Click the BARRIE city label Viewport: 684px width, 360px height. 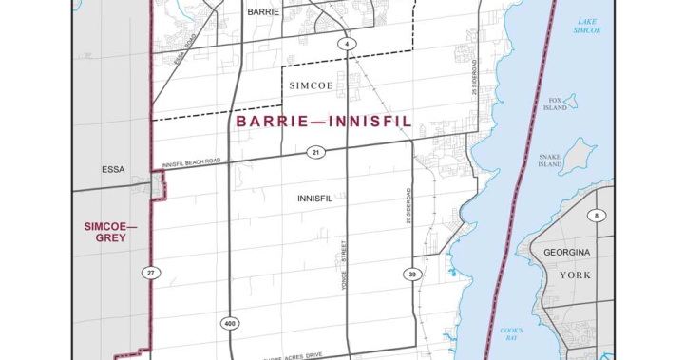262,13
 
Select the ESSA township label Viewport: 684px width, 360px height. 114,170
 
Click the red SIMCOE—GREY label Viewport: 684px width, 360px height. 111,232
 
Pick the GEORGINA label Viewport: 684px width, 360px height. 567,253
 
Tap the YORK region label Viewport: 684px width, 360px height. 576,275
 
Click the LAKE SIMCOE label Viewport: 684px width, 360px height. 587,26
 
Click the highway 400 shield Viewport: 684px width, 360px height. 230,324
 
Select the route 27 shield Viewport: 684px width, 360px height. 150,274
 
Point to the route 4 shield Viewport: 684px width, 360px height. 348,45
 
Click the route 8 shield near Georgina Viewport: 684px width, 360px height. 597,217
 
